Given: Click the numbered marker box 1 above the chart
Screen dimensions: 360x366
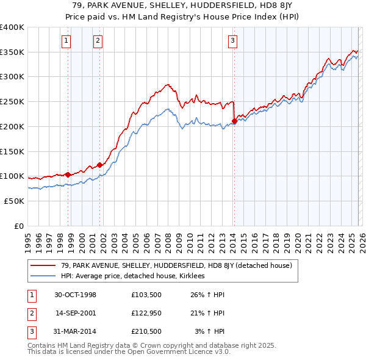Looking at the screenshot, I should pos(66,41).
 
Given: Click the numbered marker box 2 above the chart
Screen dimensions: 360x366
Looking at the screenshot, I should pos(98,41).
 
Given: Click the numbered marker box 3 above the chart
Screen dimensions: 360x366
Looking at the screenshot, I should pos(232,41).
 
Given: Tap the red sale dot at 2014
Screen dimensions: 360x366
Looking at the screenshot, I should pos(234,121).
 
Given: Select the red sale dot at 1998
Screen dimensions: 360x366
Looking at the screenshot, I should pos(68,175).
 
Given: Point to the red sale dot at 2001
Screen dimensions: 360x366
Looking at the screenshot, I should pos(99,165).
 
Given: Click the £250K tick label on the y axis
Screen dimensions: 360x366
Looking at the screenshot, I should pos(12,102).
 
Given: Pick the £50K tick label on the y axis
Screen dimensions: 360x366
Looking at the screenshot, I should pos(14,201).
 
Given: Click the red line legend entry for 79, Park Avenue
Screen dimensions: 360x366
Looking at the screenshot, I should pos(177,265).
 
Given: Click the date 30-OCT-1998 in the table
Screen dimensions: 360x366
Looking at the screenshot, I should pos(75,295).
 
